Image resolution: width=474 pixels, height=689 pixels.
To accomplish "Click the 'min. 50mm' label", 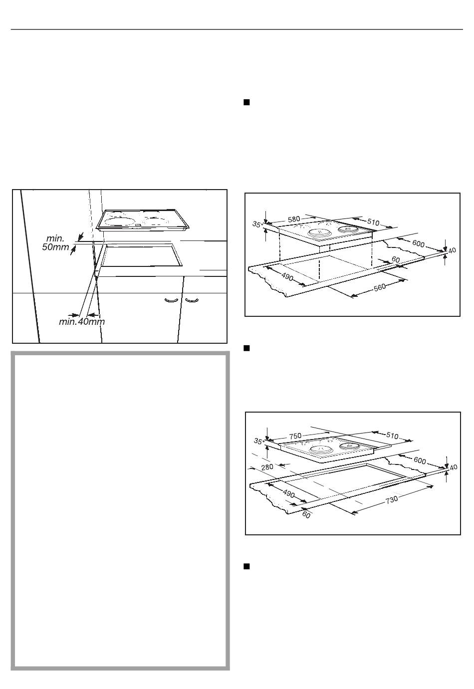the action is tap(56, 242).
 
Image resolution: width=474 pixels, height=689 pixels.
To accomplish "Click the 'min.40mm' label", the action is tap(82, 322).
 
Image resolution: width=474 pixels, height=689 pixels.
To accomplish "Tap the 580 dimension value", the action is tap(294, 220).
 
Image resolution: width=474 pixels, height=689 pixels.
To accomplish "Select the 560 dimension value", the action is tap(380, 287).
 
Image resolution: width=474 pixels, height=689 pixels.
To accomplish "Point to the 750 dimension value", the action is tap(295, 436).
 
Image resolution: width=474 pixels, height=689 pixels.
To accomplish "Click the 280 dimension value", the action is tap(267, 467).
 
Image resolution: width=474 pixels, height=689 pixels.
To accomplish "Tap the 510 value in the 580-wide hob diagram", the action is tap(373, 222).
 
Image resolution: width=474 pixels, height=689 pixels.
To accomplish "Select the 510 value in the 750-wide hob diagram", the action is tap(392, 436).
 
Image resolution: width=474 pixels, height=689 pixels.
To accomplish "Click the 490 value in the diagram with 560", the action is tap(287, 277).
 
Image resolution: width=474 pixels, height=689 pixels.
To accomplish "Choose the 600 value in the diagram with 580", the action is tap(418, 243).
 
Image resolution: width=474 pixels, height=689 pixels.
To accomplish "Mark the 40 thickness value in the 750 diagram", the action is tap(454, 467).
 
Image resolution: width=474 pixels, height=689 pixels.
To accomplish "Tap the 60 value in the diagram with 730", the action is tap(306, 514).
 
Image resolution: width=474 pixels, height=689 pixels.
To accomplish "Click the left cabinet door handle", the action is tap(172, 300).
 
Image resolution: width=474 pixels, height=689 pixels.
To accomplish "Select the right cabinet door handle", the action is tap(192, 300).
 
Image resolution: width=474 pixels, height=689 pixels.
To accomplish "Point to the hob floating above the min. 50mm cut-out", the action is tap(143, 220).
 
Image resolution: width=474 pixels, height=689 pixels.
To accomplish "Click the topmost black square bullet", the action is tap(246, 102).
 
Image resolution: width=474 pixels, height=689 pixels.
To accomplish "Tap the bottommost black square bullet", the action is tap(246, 567).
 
